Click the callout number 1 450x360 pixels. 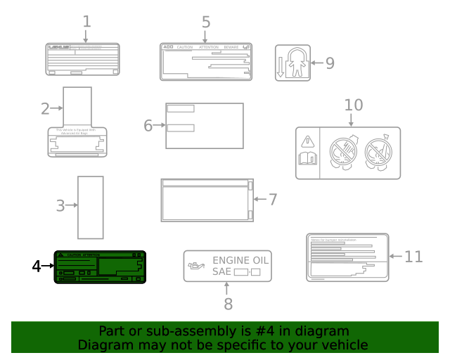point(86,21)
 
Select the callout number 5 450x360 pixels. point(205,22)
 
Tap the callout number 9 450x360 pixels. point(330,63)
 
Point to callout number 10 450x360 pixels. point(354,105)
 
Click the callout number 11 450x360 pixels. point(413,257)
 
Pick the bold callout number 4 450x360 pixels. point(37,266)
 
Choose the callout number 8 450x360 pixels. point(227,304)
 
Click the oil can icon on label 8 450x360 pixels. point(196,266)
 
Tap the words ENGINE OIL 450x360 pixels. point(240,259)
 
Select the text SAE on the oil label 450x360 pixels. point(221,271)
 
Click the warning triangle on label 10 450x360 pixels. point(307,141)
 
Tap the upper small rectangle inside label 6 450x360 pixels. point(180,108)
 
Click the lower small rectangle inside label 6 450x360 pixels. point(180,128)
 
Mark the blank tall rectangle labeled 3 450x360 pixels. point(90,207)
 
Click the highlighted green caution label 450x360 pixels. point(100,267)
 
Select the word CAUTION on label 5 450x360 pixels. point(184,47)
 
